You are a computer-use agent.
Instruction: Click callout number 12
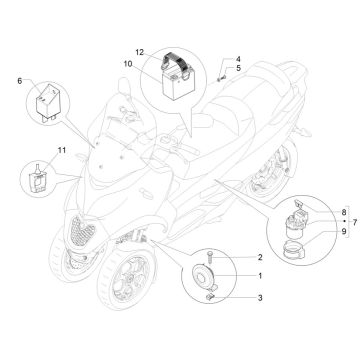click(x=141, y=51)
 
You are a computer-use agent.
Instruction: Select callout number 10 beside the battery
click(x=141, y=65)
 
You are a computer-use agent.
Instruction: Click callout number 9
click(x=343, y=231)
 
